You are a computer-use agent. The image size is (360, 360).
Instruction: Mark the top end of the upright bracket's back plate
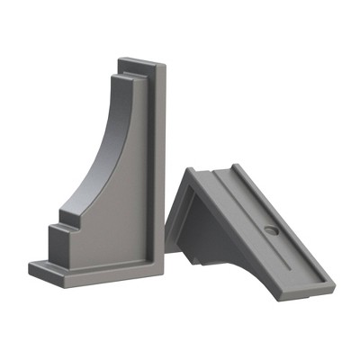point(139,64)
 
